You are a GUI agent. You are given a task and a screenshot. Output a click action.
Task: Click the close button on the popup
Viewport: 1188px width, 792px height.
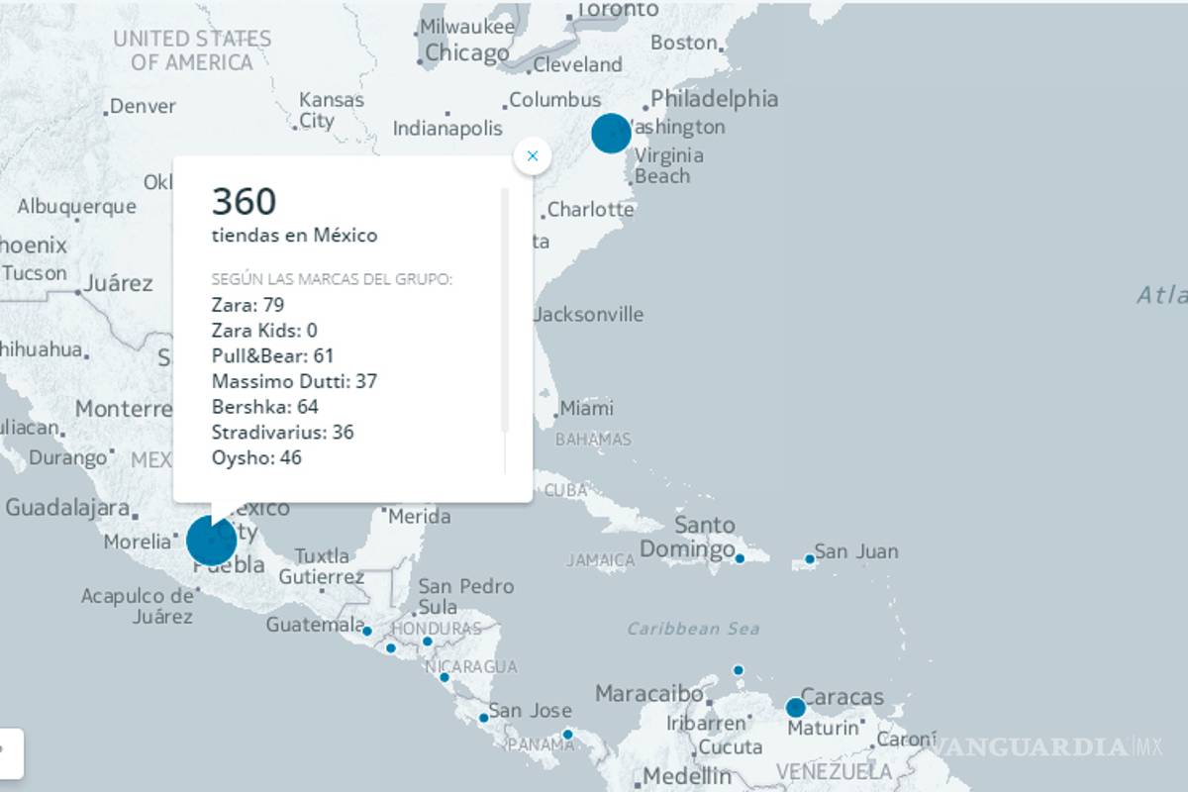tap(533, 155)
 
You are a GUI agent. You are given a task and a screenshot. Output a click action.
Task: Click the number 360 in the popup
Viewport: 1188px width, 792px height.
tap(244, 202)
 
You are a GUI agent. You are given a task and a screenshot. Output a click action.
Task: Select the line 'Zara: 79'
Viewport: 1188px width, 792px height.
tap(247, 304)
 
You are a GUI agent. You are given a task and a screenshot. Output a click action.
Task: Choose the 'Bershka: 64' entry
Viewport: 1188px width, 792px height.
tap(264, 407)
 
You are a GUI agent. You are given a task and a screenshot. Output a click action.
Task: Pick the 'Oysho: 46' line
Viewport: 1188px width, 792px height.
tap(256, 457)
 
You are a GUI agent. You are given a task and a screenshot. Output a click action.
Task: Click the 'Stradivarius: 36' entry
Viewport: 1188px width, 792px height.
tap(282, 433)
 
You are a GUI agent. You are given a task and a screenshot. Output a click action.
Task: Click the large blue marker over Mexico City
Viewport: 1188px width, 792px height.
tap(211, 541)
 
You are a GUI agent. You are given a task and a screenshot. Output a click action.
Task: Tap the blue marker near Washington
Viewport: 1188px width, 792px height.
tap(611, 133)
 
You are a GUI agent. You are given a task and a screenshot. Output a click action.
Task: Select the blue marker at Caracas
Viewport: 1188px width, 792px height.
tap(795, 708)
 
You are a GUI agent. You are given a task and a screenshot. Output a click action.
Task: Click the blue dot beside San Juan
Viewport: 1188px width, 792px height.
tap(809, 559)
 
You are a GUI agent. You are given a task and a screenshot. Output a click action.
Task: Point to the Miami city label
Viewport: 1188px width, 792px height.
tap(586, 408)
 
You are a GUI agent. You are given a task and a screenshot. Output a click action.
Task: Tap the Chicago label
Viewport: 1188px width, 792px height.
tap(467, 53)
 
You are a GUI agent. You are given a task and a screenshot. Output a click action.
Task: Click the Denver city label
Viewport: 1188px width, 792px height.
tap(143, 106)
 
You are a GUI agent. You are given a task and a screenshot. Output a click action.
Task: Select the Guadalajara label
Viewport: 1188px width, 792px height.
tap(67, 508)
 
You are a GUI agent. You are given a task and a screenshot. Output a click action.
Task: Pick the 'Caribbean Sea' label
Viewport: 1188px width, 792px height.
tap(693, 629)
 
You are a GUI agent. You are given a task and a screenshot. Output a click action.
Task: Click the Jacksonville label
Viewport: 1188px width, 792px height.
tap(588, 315)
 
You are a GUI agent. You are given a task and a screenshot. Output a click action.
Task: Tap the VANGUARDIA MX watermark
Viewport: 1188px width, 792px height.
tap(1049, 745)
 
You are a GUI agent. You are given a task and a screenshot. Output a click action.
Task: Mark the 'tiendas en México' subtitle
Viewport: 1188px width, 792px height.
tap(294, 236)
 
